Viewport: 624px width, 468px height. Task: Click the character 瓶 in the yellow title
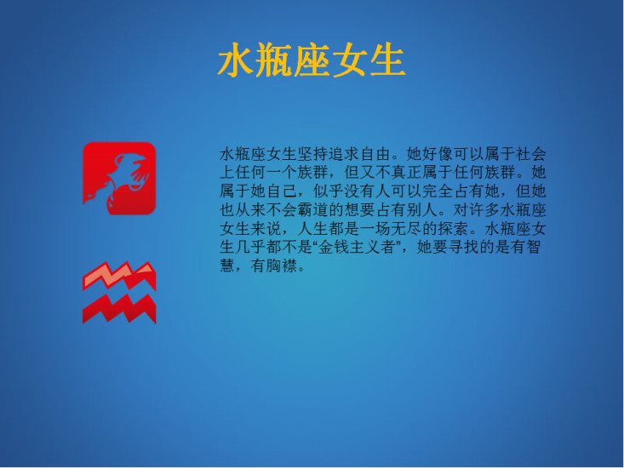tap(274, 60)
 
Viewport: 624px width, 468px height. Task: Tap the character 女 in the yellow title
tap(349, 60)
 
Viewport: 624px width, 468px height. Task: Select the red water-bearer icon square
tap(119, 178)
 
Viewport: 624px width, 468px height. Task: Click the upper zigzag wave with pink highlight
tap(119, 275)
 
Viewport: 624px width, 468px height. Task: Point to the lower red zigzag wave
tap(119, 309)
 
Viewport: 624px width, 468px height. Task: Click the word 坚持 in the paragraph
tap(313, 153)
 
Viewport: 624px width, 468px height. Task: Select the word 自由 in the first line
tap(375, 153)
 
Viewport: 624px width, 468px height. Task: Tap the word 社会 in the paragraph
tap(530, 153)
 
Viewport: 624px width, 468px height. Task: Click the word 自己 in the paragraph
tap(282, 191)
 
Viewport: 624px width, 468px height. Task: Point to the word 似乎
tap(329, 191)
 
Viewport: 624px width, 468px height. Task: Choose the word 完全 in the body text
tap(438, 191)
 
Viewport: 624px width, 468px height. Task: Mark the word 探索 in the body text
tap(453, 228)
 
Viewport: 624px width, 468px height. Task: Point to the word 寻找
tap(463, 247)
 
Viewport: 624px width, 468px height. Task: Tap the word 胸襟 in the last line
tap(282, 265)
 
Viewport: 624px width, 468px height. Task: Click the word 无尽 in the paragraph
tap(406, 228)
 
